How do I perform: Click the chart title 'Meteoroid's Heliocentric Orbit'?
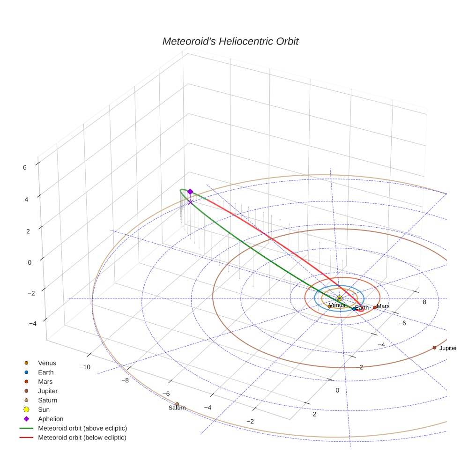pos(230,42)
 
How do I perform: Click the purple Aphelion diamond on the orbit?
pos(190,192)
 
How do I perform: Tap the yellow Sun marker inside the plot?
pos(340,298)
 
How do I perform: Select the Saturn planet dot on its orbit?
pos(177,404)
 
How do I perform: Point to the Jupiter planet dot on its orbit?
pos(434,347)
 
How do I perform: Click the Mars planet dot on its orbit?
pos(374,307)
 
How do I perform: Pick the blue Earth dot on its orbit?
pos(354,309)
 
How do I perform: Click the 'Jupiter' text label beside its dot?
pos(447,348)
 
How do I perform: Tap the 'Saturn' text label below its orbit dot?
pos(177,408)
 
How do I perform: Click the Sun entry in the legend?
pos(44,409)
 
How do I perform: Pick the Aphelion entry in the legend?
pos(51,419)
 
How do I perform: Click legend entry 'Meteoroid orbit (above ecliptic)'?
pos(82,428)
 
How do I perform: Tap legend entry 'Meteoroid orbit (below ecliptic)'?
pos(82,438)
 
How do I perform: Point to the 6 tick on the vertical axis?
pos(24,166)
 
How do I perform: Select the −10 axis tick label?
pos(85,367)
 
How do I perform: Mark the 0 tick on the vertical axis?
pos(30,262)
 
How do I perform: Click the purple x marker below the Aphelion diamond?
pos(190,202)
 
